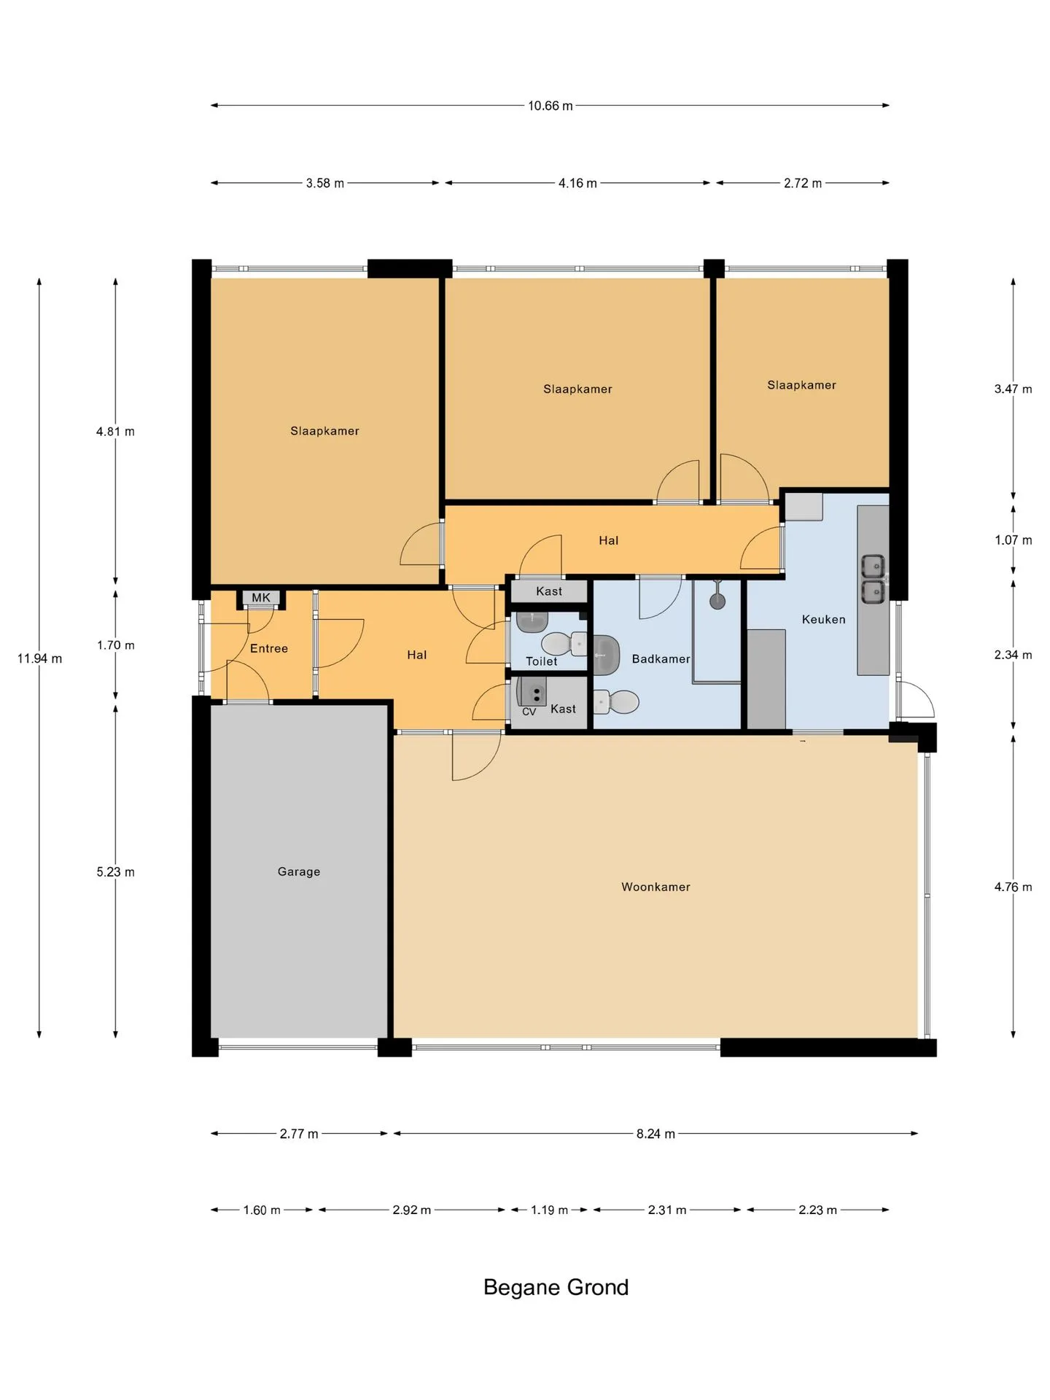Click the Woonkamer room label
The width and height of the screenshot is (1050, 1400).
click(x=656, y=887)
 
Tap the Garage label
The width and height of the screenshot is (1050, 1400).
click(x=299, y=871)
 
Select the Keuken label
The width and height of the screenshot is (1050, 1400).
click(x=824, y=619)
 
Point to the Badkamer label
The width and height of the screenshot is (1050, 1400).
click(x=661, y=658)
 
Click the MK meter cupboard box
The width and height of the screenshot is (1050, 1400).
click(x=261, y=598)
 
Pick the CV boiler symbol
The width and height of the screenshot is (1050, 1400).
click(x=532, y=692)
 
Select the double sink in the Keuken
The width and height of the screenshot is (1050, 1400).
click(x=874, y=579)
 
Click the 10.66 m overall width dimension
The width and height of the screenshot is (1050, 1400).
click(x=551, y=106)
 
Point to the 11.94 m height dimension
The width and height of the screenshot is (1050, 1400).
click(x=39, y=658)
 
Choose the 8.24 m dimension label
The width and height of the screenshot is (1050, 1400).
click(x=656, y=1133)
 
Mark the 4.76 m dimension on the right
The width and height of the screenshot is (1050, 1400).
click(x=1013, y=887)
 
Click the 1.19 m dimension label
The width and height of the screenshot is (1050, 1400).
click(x=549, y=1210)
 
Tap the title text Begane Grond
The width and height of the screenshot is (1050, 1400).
click(x=556, y=1287)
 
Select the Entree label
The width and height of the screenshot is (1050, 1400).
click(x=269, y=648)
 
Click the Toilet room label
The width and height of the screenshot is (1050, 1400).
click(x=541, y=661)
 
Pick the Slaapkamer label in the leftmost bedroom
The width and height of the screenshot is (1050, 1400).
click(x=324, y=431)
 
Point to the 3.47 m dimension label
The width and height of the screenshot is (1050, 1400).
click(x=1013, y=389)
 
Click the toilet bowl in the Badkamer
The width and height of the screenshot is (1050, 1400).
click(x=616, y=702)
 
